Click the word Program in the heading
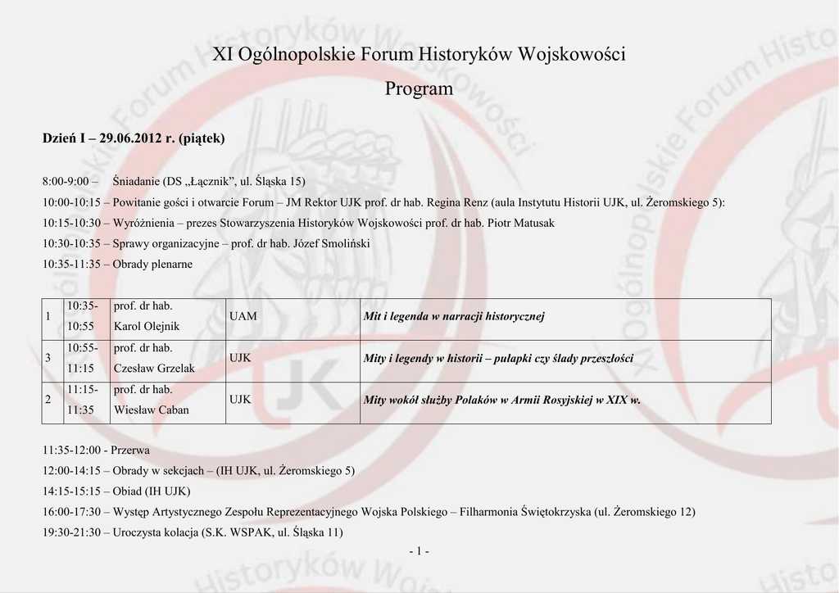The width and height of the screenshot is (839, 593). coord(419,88)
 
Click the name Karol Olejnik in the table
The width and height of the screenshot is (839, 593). coord(147,326)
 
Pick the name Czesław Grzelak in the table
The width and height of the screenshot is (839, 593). coord(154,368)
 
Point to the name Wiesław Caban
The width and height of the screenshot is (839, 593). coord(151,410)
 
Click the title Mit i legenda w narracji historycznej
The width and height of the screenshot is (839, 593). coord(454,316)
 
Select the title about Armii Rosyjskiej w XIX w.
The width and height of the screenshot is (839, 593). coord(501,400)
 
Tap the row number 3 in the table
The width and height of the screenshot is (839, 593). coord(50,358)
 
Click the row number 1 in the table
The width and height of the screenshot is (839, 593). coord(50,316)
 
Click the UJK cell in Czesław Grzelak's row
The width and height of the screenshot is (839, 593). coord(241,358)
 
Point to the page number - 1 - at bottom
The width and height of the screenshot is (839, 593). coord(419,551)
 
